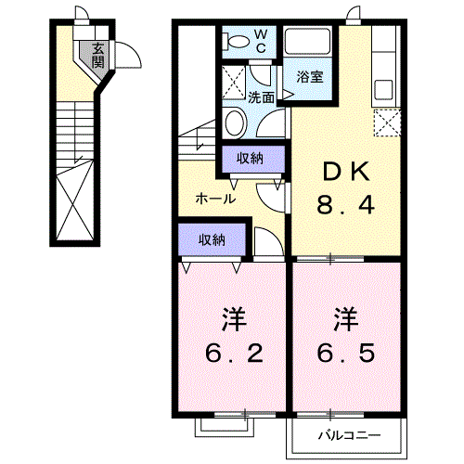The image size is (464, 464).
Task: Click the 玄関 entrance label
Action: [x=97, y=58]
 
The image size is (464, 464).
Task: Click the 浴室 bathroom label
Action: [x=310, y=77]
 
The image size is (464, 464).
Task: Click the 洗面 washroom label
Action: [x=261, y=97]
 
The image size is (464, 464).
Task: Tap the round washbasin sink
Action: [x=234, y=122]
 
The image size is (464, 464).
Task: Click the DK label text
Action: [x=346, y=171]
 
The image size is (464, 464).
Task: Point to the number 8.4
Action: [x=347, y=204]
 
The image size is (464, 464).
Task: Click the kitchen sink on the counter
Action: [x=383, y=90]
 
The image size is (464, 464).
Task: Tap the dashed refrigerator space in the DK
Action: [x=386, y=122]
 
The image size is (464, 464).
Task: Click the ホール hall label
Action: [x=214, y=199]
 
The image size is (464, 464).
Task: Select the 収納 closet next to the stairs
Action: [x=249, y=159]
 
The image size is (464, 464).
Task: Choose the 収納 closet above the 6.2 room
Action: [x=212, y=240]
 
